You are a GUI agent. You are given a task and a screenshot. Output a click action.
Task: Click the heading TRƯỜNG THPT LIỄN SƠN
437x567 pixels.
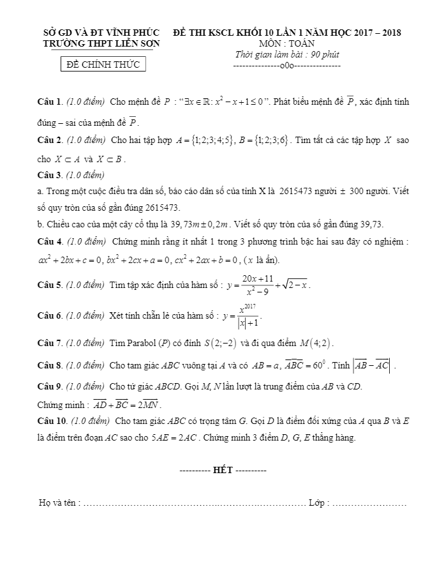(101, 43)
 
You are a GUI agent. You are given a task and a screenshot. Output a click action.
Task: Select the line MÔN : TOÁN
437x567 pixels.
(286, 43)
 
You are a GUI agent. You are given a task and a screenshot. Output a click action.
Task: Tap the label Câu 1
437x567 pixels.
(49, 102)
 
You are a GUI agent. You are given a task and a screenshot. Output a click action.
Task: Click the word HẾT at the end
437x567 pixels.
(223, 471)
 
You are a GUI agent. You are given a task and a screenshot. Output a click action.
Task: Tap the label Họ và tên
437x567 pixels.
(59, 503)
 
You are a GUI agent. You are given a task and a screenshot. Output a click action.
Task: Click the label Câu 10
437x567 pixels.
(52, 421)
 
